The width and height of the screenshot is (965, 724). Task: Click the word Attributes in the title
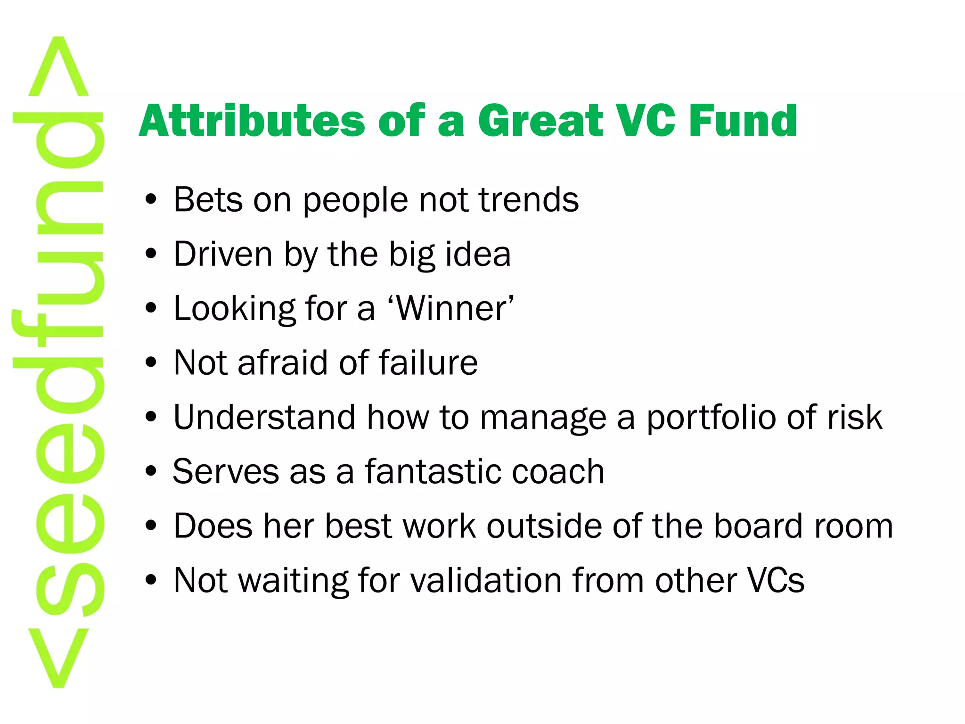point(252,121)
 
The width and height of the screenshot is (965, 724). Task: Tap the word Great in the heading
point(540,121)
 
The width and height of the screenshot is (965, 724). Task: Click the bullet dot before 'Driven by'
point(151,255)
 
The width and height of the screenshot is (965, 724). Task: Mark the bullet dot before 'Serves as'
point(151,471)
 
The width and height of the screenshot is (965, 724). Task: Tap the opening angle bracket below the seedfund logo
point(58,658)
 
